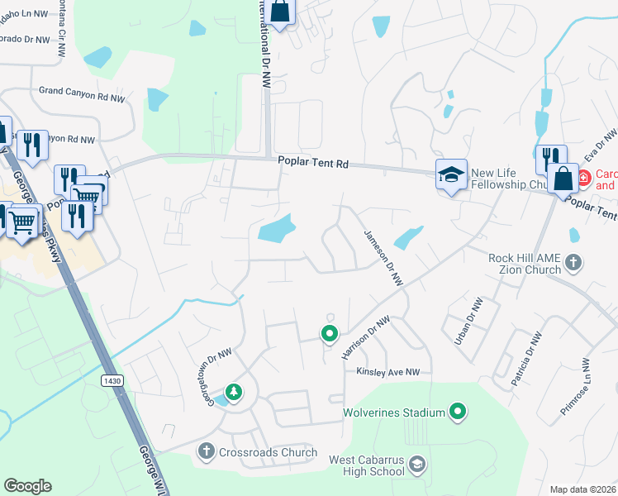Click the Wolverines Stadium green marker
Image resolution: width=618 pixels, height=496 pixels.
459,411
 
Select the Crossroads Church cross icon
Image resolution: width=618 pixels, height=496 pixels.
207,451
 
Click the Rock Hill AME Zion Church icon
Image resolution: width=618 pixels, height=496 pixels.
574,265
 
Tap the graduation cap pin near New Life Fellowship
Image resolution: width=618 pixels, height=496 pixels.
451,175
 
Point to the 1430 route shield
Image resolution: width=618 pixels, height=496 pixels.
113,380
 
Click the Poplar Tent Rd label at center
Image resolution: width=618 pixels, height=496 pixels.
313,165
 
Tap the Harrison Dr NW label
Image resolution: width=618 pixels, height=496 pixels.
365,337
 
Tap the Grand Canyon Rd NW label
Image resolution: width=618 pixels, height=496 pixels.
82,97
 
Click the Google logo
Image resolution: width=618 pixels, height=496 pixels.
27,486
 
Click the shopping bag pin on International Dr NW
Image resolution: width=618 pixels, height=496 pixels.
280,12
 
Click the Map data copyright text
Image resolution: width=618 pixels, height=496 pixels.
582,489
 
